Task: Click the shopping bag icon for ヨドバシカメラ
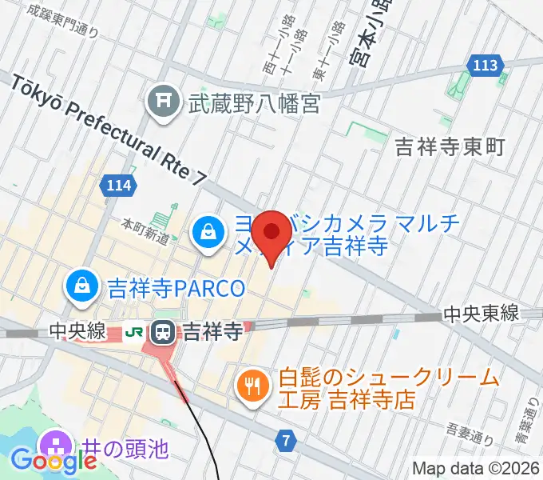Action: coord(208,234)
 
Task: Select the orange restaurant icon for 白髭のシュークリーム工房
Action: coord(252,386)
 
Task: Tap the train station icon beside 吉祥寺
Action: coord(164,330)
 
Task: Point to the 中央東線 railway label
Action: coord(481,313)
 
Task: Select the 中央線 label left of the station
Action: coord(77,330)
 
